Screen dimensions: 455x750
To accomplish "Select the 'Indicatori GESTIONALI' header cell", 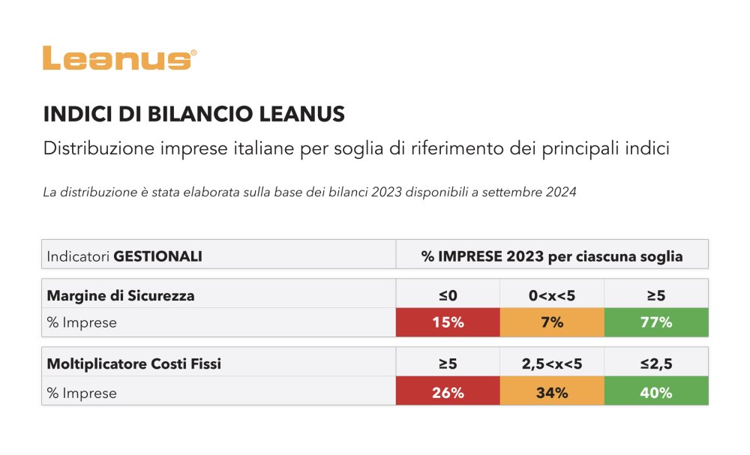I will tap(124, 256).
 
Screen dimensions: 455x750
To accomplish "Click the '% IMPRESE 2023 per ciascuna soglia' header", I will tap(552, 256).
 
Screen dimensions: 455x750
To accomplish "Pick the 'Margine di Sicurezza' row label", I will tap(121, 295).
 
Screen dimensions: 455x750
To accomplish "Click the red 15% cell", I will tap(448, 323).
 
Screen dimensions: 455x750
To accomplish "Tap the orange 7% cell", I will tap(552, 323).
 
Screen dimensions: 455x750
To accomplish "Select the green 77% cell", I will tap(656, 323).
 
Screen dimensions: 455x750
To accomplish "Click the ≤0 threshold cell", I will tap(448, 295).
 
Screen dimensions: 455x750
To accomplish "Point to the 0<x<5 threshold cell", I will tap(552, 295).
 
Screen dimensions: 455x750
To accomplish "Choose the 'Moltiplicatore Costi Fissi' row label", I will tap(134, 364).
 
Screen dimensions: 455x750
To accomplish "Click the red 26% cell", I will tap(448, 392).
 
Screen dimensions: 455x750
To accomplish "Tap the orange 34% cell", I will tap(552, 392).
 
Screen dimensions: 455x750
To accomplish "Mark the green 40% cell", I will tap(656, 392).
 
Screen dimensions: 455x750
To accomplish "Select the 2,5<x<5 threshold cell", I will tap(552, 364).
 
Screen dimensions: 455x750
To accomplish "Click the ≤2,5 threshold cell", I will tap(656, 364).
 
